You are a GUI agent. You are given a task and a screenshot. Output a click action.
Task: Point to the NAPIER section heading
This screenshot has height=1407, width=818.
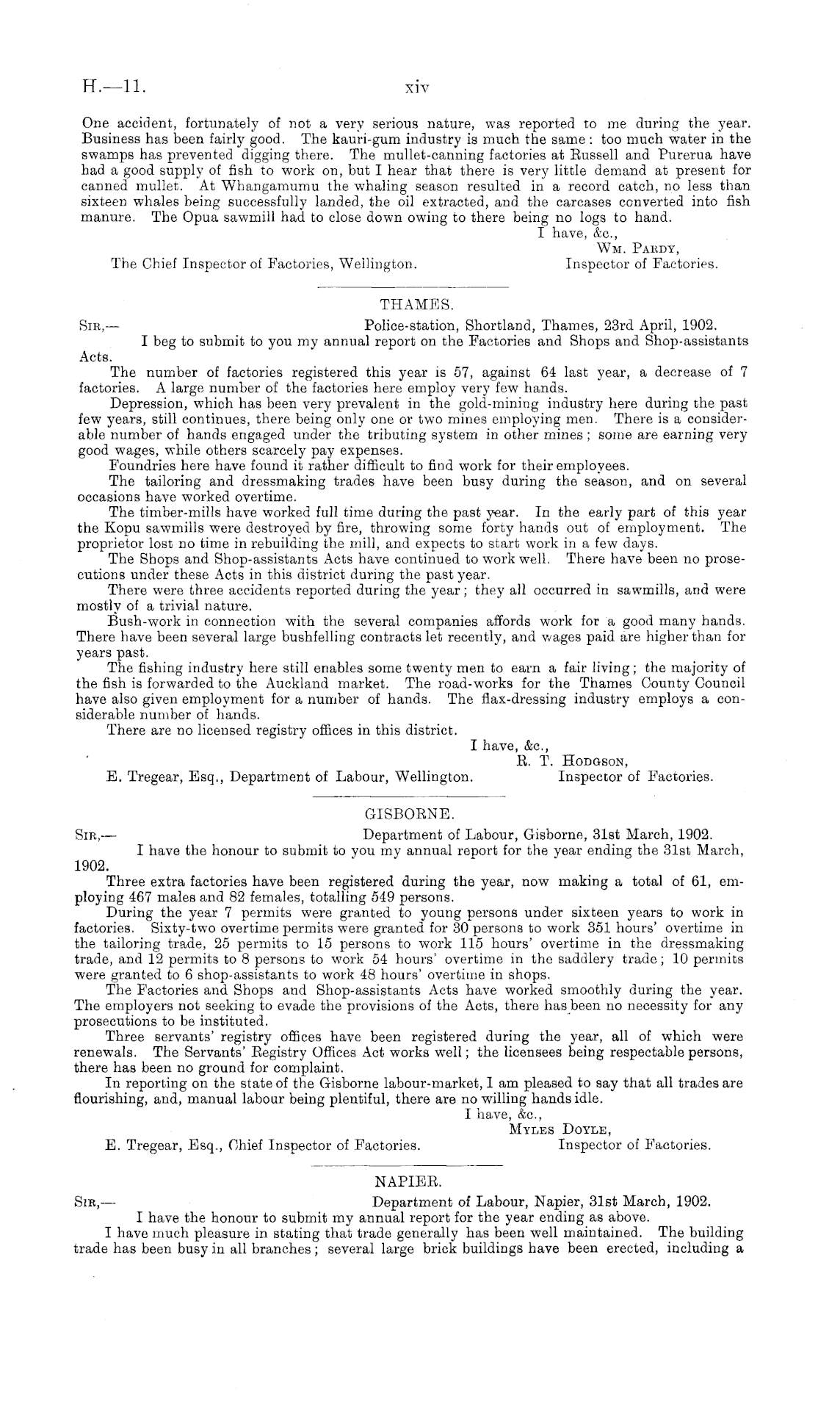point(408,1182)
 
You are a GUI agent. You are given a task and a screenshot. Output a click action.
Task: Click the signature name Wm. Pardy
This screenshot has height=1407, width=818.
point(635,250)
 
